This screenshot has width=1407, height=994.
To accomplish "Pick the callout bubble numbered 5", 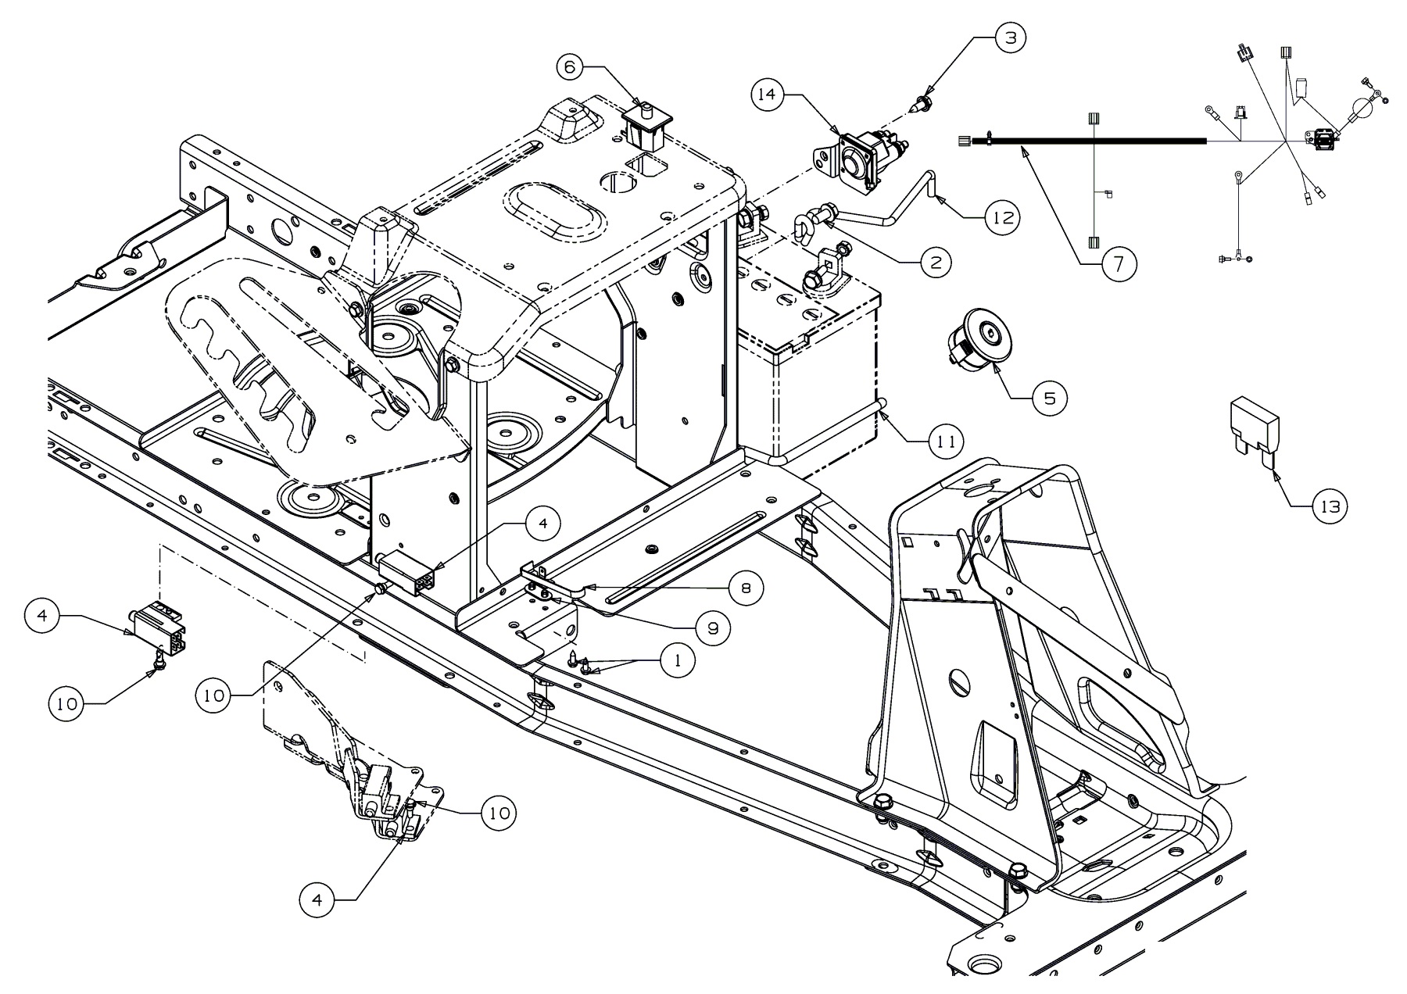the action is [1048, 399].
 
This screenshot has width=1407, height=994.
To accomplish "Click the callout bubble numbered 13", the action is [1330, 507].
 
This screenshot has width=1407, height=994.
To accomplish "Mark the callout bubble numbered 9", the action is [713, 628].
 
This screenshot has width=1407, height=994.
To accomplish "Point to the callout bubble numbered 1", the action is [677, 660].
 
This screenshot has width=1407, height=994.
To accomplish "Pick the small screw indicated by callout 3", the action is [922, 103].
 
